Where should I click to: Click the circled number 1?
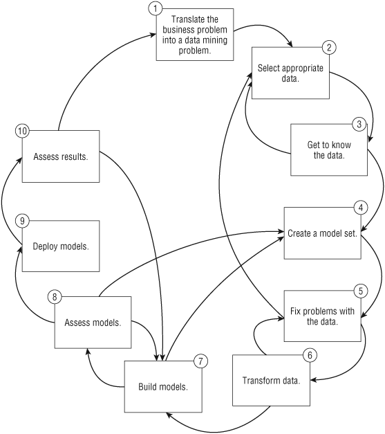(x=156, y=8)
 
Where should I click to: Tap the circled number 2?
(x=329, y=47)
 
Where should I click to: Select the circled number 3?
(x=359, y=124)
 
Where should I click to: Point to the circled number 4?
(x=361, y=208)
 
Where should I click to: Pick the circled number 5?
(x=361, y=291)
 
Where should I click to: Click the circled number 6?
(x=310, y=355)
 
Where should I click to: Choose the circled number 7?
(x=200, y=361)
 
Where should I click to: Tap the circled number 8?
(x=55, y=297)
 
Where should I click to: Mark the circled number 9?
(x=22, y=221)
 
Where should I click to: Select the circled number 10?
(x=22, y=131)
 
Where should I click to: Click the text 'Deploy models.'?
(x=61, y=246)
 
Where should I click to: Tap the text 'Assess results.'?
(x=61, y=156)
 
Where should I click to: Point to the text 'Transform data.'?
(x=271, y=381)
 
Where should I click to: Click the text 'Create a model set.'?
(x=323, y=233)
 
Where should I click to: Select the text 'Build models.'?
(x=163, y=387)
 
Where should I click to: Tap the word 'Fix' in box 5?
(x=294, y=311)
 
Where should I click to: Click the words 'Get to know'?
(x=329, y=145)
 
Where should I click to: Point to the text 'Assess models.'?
(x=93, y=323)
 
